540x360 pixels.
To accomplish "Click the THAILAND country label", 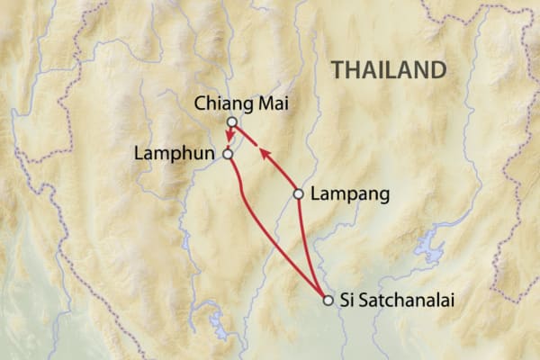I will click(388, 70).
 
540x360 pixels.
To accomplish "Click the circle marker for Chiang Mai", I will click(231, 121).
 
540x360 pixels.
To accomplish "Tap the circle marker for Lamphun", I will click(228, 154).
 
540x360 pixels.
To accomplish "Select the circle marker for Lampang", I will click(299, 193).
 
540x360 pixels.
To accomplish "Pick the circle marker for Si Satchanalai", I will click(328, 301).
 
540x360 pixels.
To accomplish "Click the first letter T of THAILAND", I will click(336, 70).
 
